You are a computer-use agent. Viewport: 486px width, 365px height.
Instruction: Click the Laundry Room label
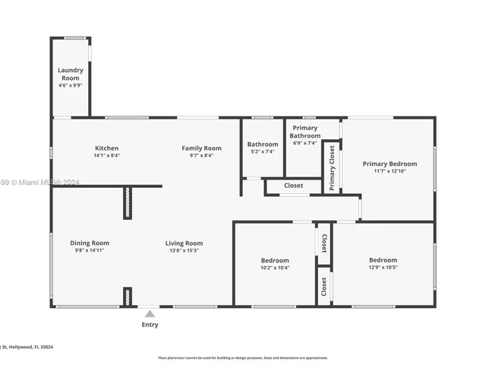click(71, 74)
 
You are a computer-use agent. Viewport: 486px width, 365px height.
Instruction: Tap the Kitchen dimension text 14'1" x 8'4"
click(106, 155)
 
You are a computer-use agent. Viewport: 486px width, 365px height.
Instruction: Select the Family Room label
click(201, 148)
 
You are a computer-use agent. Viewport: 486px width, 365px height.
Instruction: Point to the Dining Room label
click(90, 243)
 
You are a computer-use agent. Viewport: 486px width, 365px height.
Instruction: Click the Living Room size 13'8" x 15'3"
click(184, 250)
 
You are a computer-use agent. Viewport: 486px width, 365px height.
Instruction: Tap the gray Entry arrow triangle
click(150, 313)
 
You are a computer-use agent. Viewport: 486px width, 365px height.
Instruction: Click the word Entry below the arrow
click(150, 325)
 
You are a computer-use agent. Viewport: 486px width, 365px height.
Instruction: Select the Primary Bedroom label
click(390, 163)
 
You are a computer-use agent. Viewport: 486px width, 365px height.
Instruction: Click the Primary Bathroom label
click(305, 132)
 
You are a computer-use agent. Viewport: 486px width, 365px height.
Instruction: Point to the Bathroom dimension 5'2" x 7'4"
click(263, 151)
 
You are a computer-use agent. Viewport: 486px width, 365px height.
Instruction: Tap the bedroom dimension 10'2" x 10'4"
click(274, 268)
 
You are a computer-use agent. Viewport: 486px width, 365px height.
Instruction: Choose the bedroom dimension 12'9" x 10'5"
click(383, 267)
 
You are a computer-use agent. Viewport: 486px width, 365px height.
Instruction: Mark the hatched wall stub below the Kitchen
click(127, 203)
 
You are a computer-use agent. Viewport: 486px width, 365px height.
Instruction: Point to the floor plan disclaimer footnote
click(242, 357)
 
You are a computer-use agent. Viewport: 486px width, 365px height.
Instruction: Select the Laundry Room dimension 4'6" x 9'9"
click(71, 86)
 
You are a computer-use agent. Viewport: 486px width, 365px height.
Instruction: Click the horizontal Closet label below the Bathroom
click(293, 186)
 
